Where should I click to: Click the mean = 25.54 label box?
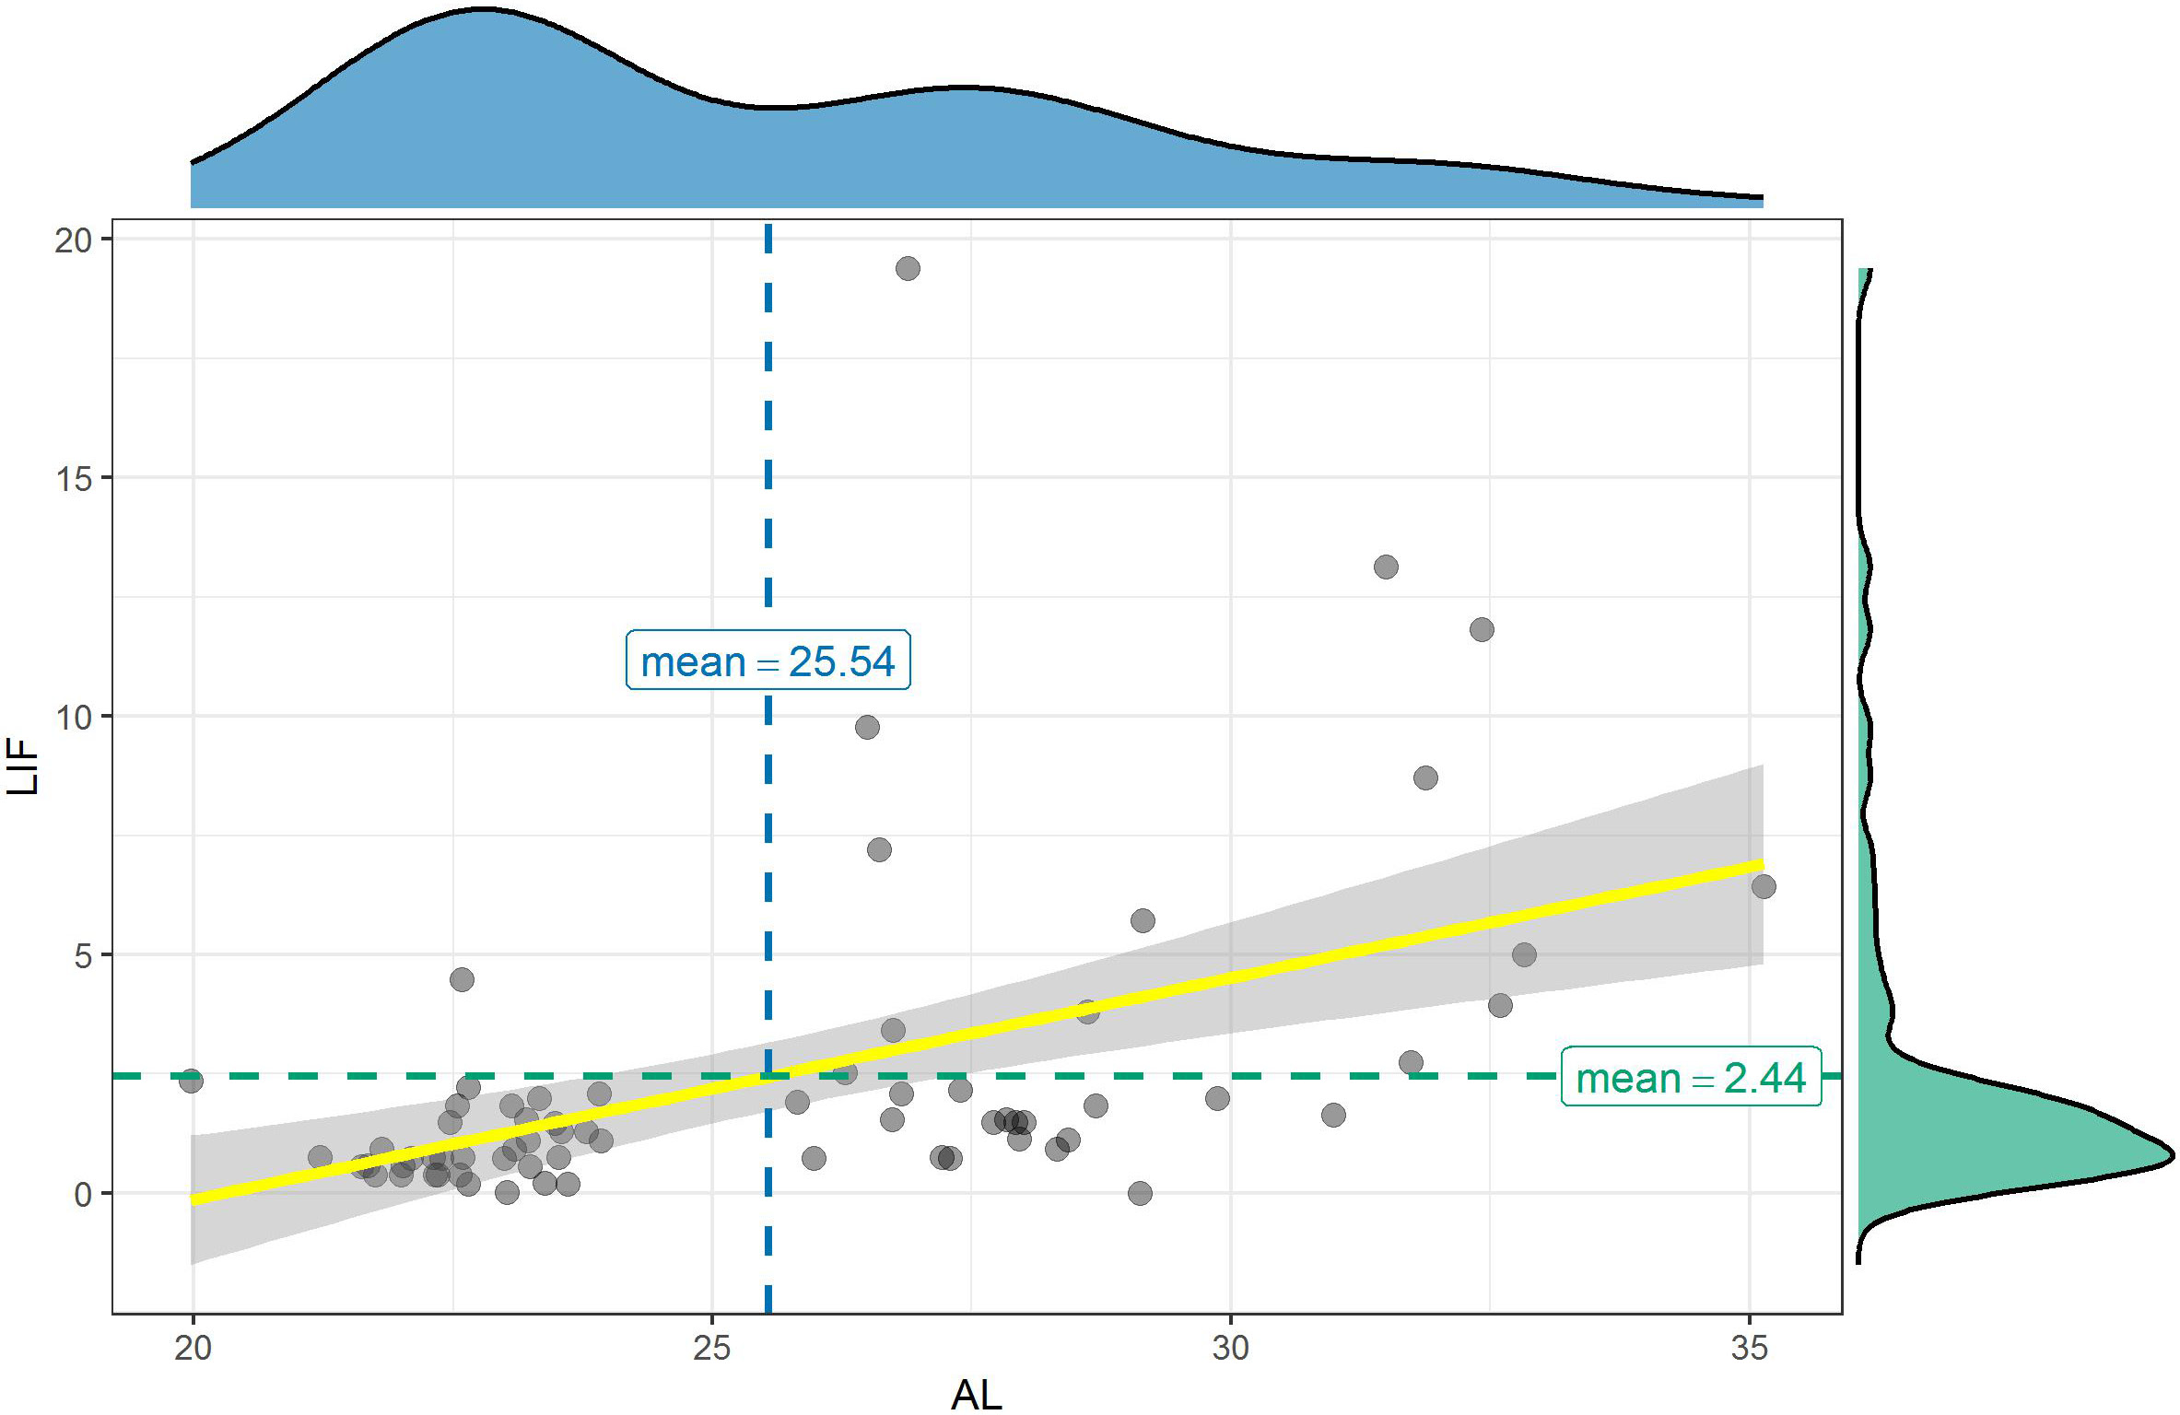(768, 661)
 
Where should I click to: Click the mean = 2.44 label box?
(1691, 1077)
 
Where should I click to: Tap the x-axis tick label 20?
(193, 1348)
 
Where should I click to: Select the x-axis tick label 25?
(711, 1348)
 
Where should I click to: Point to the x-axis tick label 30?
(1230, 1348)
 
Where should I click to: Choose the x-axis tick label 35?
(1749, 1348)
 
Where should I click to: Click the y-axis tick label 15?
(74, 478)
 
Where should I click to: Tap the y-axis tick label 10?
(74, 717)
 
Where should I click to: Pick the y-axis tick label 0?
(83, 1194)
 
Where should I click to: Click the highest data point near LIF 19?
(908, 269)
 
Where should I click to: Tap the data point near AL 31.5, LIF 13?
(1386, 567)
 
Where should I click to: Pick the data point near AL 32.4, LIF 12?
(1482, 630)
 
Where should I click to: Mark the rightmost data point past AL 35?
(1764, 886)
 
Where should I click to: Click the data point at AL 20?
(192, 1081)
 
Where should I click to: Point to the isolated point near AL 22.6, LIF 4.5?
(462, 979)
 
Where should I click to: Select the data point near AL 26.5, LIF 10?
(867, 727)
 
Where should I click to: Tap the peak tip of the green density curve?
(2171, 1154)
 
